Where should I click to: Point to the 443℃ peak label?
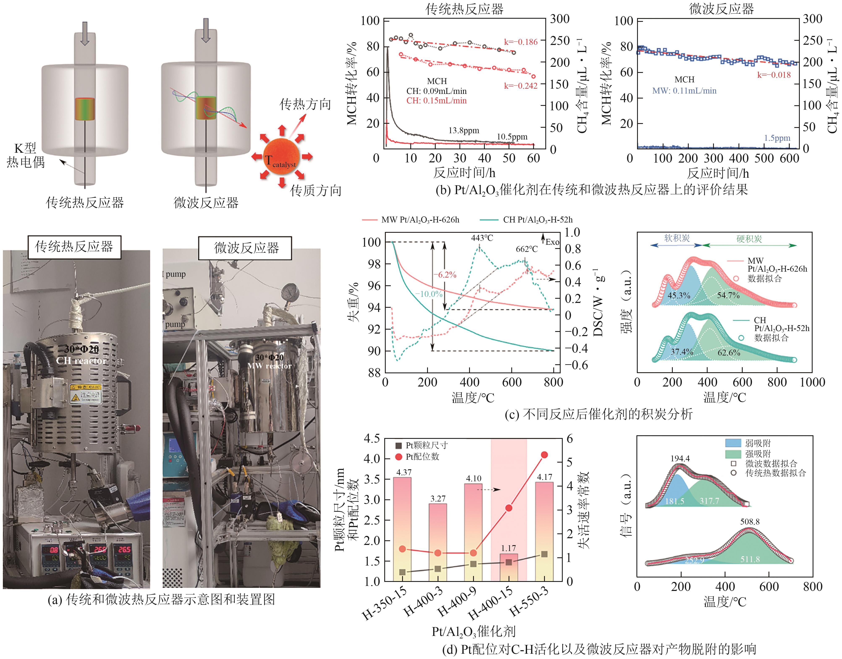click(482, 238)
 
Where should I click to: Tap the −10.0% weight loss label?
click(429, 294)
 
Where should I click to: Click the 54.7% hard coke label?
click(728, 296)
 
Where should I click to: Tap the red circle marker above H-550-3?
click(545, 455)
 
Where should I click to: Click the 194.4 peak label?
click(680, 458)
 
